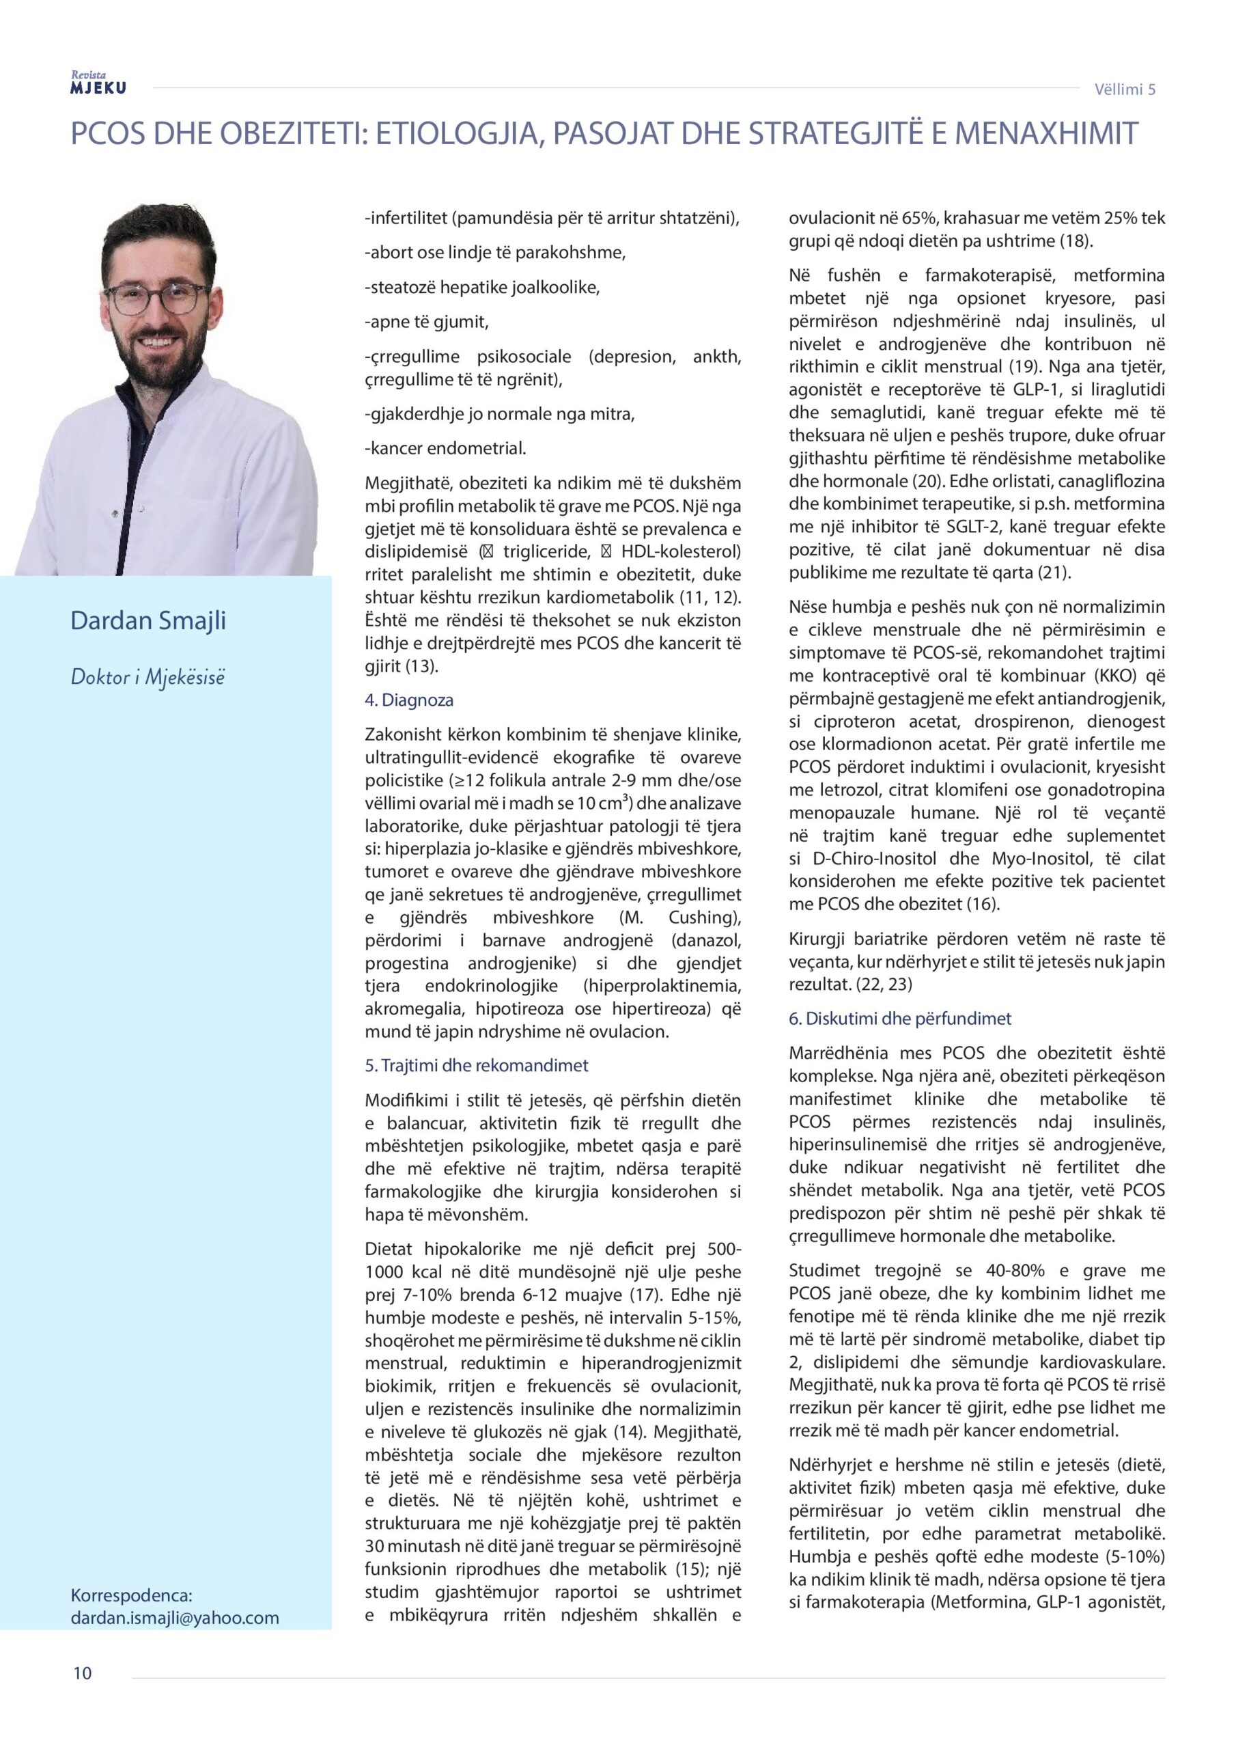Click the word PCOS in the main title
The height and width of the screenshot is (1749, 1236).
(x=106, y=134)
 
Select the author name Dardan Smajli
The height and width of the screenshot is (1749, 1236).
(x=148, y=621)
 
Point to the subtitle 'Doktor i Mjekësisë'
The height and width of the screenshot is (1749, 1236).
(x=148, y=676)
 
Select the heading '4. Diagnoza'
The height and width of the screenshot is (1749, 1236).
(x=409, y=700)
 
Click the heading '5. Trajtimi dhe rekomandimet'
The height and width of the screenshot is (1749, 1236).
(x=476, y=1066)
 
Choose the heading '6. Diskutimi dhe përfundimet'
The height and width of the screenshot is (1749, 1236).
(x=900, y=1019)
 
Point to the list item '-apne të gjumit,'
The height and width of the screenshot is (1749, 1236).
(x=427, y=322)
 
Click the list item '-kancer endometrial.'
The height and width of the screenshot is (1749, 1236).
(x=445, y=449)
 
